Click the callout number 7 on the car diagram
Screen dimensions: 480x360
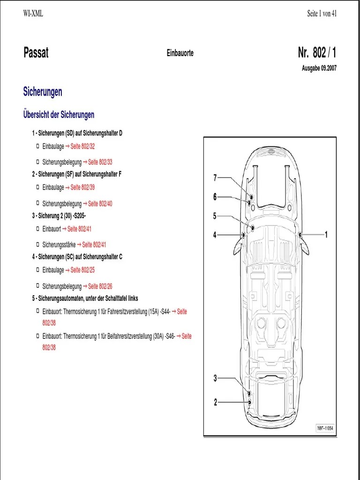(x=215, y=178)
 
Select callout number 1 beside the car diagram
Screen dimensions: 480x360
(x=326, y=234)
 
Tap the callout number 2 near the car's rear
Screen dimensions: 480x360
(x=216, y=402)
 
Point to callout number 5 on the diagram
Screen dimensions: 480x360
(x=215, y=216)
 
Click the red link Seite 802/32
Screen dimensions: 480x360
(x=82, y=147)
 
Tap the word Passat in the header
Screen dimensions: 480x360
(x=36, y=52)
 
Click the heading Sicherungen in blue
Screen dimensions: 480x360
(x=43, y=92)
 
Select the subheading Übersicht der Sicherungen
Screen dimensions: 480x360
(x=59, y=115)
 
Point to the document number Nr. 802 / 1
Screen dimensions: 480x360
(x=317, y=52)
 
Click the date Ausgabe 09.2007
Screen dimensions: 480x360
(x=319, y=68)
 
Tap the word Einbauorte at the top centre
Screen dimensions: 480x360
(x=180, y=53)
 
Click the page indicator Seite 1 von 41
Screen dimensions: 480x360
(x=322, y=14)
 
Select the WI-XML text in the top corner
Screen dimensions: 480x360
(x=33, y=14)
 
